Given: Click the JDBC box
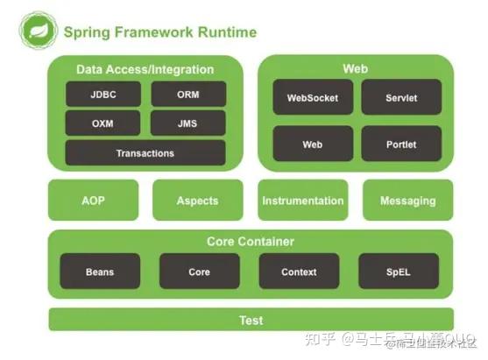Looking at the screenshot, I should [x=103, y=94].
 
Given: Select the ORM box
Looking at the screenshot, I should [x=188, y=94].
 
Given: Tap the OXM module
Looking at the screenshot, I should [x=103, y=123].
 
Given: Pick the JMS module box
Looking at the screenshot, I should [x=188, y=123].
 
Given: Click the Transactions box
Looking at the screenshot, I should [x=145, y=153].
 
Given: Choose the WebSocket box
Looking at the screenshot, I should [x=313, y=97].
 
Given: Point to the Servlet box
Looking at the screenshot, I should [x=401, y=97].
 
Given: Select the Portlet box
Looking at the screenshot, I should [x=401, y=144].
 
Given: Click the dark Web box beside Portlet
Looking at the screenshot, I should [x=313, y=144].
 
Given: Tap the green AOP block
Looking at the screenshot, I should [x=93, y=201].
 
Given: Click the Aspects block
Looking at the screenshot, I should [x=197, y=201].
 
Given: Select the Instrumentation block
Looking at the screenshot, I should [x=302, y=201].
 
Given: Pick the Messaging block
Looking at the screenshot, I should [x=407, y=201].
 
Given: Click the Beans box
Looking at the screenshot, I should [x=100, y=272].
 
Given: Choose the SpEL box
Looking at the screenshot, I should [x=399, y=272].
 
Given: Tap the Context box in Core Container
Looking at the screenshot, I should [x=299, y=272].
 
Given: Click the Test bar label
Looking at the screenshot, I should [x=251, y=320].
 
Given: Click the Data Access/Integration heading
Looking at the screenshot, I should [x=145, y=69].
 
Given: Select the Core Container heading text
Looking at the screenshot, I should [x=251, y=241].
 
